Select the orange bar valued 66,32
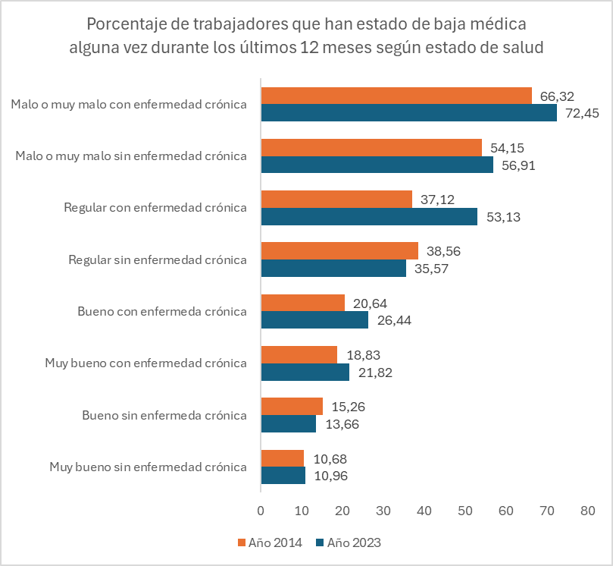coord(396,96)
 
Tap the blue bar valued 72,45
coord(408,113)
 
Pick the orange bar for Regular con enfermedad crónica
coord(336,199)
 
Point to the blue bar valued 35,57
coord(333,269)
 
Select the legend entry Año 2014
coord(271,542)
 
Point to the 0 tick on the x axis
coord(261,511)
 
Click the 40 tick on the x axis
coord(424,511)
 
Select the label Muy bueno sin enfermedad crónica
coord(148,467)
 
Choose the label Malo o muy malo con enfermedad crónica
coord(129,104)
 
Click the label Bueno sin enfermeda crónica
coord(164,415)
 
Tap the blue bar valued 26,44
coord(314,320)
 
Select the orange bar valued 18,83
coord(299,354)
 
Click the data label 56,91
coord(518,165)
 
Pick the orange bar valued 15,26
coord(292,406)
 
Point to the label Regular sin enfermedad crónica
coord(158,259)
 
